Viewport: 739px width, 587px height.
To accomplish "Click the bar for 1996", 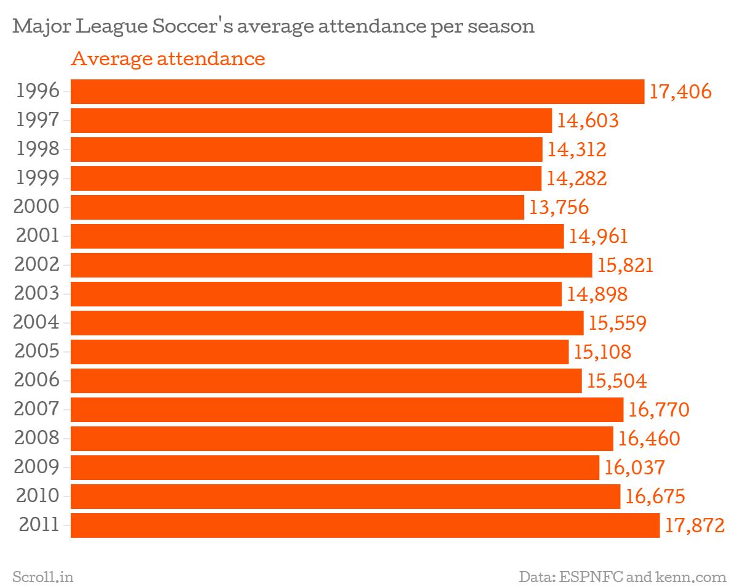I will [x=357, y=92].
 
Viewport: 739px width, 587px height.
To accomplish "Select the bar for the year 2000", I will [x=297, y=207].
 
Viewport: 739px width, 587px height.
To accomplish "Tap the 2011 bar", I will [x=365, y=525].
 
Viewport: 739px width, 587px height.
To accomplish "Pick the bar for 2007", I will [x=347, y=410].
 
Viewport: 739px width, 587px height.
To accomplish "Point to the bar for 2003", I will [x=316, y=294].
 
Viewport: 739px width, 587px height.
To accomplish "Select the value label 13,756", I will [x=559, y=207].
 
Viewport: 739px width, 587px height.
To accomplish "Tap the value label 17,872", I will [x=695, y=525].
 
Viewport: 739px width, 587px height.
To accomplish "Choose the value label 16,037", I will [x=635, y=468].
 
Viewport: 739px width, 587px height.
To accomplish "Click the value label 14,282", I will [x=576, y=178].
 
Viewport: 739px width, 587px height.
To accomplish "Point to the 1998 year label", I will [x=38, y=150].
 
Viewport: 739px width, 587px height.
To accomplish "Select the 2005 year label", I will [x=37, y=352].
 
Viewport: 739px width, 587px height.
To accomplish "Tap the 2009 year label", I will [x=37, y=468].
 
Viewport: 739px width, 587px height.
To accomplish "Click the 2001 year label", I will [x=37, y=236].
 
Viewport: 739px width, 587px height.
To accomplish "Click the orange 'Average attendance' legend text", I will [x=168, y=59].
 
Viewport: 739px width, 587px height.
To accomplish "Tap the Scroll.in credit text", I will [x=43, y=577].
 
